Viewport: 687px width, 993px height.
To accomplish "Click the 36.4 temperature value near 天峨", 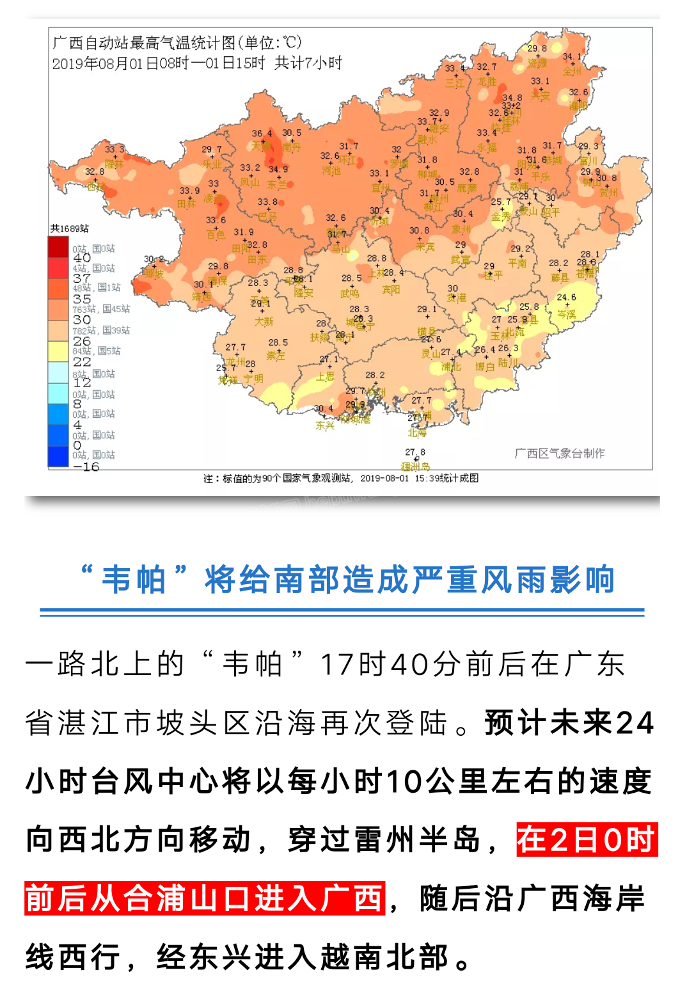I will coord(262,134).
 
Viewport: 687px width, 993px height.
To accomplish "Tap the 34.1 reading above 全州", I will coord(572,57).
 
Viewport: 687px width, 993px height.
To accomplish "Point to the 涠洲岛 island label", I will coord(415,466).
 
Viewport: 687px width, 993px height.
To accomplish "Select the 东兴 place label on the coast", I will coord(325,425).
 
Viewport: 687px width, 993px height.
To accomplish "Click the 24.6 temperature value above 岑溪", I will coord(566,298).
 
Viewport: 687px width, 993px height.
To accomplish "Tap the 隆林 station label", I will coord(114,164).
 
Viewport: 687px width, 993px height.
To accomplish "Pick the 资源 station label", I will coord(537,63).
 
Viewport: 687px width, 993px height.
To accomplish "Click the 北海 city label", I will coord(416,433).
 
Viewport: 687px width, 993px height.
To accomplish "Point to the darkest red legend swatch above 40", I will coord(58,247).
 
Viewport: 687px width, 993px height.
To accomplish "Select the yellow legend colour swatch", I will coord(58,351).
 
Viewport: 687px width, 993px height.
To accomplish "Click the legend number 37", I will coord(81,278).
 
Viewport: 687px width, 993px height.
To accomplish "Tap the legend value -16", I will coord(86,466).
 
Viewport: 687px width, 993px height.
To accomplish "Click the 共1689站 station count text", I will coord(70,228).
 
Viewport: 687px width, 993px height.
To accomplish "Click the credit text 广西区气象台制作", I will coord(560,453).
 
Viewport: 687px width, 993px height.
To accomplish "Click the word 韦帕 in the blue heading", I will coord(134,580).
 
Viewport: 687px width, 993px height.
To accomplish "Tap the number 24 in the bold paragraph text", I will coord(635,723).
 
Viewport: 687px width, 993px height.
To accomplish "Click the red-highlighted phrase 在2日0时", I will coord(587,839).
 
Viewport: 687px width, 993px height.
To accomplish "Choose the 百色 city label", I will coord(216,235).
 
